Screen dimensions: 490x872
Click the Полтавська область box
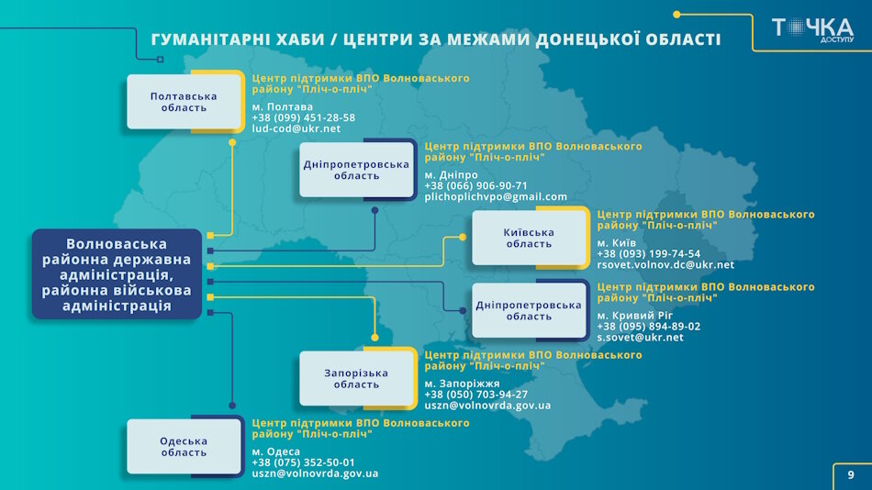coord(184,102)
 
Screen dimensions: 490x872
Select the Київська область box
coord(529,238)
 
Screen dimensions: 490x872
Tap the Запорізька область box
coord(356,378)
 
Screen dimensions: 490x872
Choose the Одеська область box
coord(184,447)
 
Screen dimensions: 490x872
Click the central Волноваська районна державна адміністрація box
coord(117,274)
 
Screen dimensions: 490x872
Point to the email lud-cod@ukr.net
coord(296,129)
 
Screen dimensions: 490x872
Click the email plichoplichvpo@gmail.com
coord(496,197)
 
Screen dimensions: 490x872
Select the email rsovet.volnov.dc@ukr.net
coord(665,265)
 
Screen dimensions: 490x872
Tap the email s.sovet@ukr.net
coord(640,338)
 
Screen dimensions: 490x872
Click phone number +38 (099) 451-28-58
coord(304,117)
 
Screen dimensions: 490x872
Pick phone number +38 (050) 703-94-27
coord(476,394)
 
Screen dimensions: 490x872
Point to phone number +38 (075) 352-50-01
coord(304,462)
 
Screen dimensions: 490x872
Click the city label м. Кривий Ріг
coord(635,315)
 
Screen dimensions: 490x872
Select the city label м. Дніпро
coord(451,174)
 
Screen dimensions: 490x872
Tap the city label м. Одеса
coord(276,451)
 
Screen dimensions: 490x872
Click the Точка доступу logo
coord(811,29)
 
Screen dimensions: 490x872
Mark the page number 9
coord(851,475)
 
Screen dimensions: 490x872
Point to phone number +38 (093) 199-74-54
coord(648,253)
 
